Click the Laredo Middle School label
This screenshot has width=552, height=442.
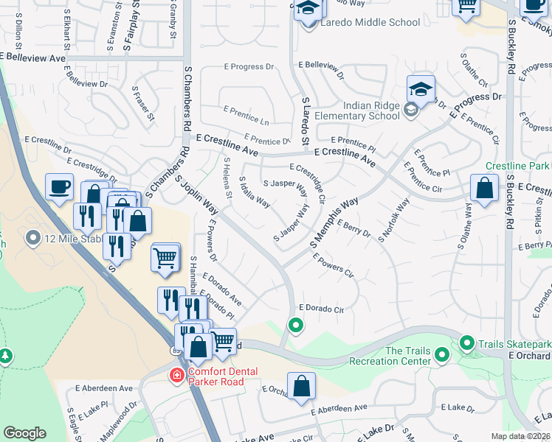pos(370,22)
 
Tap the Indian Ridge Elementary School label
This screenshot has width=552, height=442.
pos(357,110)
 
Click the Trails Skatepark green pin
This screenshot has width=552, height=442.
pos(466,343)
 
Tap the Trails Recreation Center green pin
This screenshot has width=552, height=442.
pos(442,356)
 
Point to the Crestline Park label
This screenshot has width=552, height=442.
pos(518,167)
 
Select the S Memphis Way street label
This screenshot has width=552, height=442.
pos(334,221)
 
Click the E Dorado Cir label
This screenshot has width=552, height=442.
pos(321,309)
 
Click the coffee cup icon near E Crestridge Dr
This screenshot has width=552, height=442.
pos(59,187)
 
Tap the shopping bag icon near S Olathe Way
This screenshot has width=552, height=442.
pos(483,188)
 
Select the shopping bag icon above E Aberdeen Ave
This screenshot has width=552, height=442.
pos(301,385)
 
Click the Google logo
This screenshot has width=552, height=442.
pos(24,433)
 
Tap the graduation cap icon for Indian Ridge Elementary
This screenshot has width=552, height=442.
pos(421,91)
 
